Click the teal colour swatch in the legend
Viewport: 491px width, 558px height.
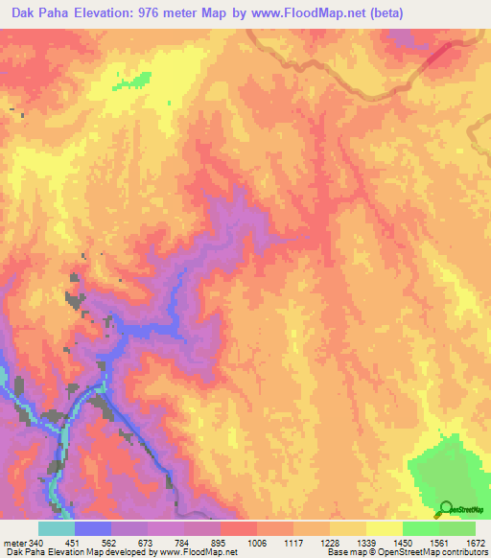tap(56, 528)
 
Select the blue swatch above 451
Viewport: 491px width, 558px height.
tap(92, 528)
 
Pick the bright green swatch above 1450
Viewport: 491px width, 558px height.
tap(420, 528)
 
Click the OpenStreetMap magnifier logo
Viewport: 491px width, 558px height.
tap(446, 507)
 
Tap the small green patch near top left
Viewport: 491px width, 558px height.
tap(132, 81)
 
